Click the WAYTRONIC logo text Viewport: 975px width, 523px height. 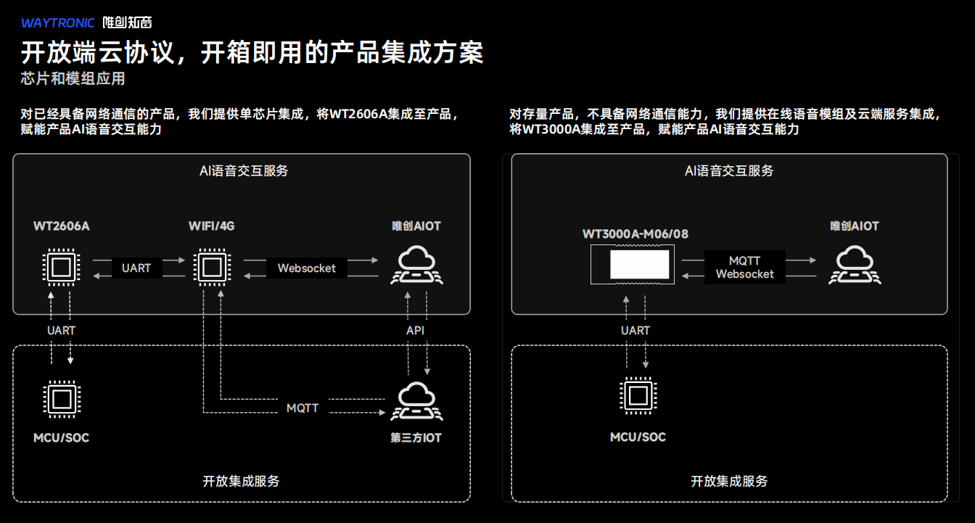click(58, 22)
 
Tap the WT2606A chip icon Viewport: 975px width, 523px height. click(61, 267)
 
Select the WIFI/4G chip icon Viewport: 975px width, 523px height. click(212, 267)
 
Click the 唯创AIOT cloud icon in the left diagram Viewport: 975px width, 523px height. click(417, 265)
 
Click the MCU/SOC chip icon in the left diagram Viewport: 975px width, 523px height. click(61, 398)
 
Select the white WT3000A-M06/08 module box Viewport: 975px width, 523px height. click(639, 265)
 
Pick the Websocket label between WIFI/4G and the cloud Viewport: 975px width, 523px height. click(307, 268)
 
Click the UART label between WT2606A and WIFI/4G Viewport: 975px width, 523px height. click(136, 268)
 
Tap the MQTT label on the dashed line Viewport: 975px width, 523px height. click(303, 408)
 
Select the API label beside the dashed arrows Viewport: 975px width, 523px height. click(415, 331)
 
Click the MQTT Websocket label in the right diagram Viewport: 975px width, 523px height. click(744, 268)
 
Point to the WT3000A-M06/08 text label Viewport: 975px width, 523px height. click(635, 234)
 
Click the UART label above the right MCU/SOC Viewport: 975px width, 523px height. click(635, 331)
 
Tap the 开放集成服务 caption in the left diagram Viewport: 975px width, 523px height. click(241, 481)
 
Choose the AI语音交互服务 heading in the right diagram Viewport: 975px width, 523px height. click(729, 171)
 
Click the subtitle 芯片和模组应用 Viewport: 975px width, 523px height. click(73, 78)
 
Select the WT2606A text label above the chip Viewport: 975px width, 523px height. click(62, 226)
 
